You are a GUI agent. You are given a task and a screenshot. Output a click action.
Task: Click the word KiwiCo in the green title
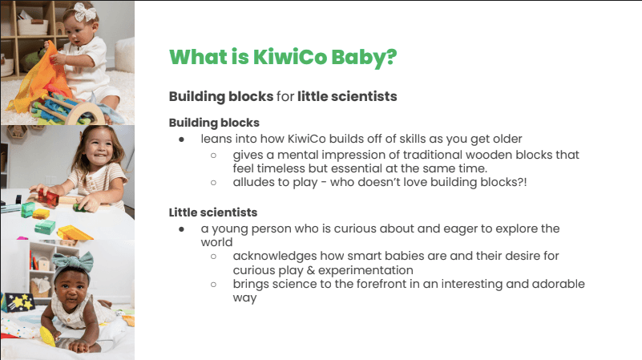coord(290,56)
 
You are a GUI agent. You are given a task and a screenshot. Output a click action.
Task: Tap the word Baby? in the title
coord(364,58)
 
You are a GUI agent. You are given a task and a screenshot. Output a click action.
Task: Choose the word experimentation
coord(365,270)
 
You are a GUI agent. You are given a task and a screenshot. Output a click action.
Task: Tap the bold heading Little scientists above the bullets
coord(213,212)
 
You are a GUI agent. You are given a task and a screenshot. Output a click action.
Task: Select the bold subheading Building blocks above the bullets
coord(214,123)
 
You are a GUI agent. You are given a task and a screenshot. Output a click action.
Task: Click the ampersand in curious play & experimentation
coord(311,270)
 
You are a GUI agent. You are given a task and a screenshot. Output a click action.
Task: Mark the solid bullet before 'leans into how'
coord(181,140)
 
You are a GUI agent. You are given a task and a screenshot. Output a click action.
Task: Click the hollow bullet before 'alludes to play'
coord(213,183)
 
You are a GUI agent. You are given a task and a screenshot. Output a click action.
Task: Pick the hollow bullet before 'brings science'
coord(213,285)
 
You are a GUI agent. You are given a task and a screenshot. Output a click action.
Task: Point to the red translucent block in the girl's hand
coord(48,198)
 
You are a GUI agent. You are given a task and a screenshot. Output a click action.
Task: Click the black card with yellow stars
coord(19,302)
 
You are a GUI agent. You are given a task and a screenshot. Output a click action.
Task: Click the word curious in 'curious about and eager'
coord(354,229)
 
